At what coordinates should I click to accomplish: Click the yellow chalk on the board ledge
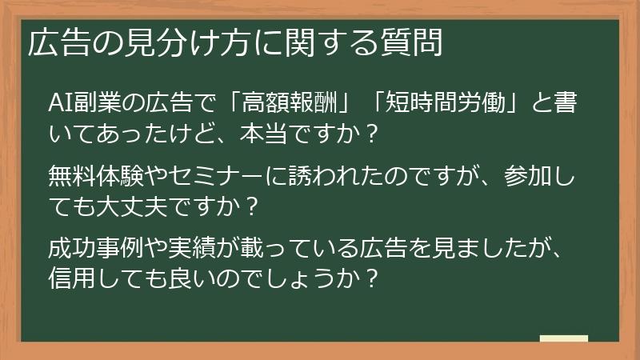[x=564, y=338]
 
